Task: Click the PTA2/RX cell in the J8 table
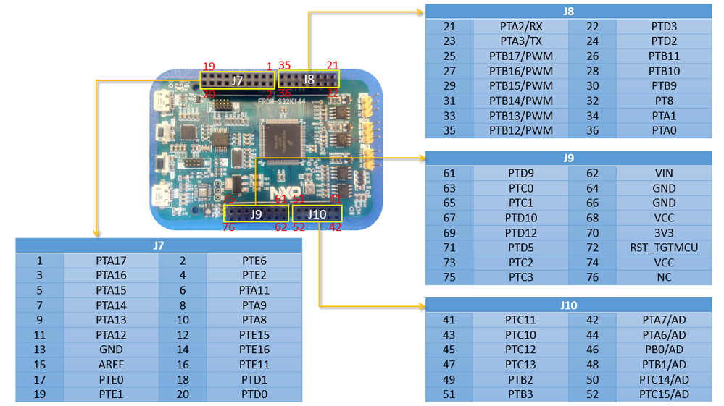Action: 521,26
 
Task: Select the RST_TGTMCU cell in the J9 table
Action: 663,248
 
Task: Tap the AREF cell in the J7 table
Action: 111,364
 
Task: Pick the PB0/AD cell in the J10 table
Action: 663,350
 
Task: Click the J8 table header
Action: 567,11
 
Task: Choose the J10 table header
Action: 567,305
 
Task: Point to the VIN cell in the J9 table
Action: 663,173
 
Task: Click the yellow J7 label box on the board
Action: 237,80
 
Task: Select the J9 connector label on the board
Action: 256,213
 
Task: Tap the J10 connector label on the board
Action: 317,213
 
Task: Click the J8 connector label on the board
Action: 309,79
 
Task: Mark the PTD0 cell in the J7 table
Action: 254,394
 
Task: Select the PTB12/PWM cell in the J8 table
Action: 521,130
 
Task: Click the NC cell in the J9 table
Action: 663,277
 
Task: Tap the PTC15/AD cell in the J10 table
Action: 663,394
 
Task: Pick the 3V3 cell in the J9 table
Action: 663,233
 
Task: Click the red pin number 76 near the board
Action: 229,227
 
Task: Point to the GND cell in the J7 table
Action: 111,349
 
